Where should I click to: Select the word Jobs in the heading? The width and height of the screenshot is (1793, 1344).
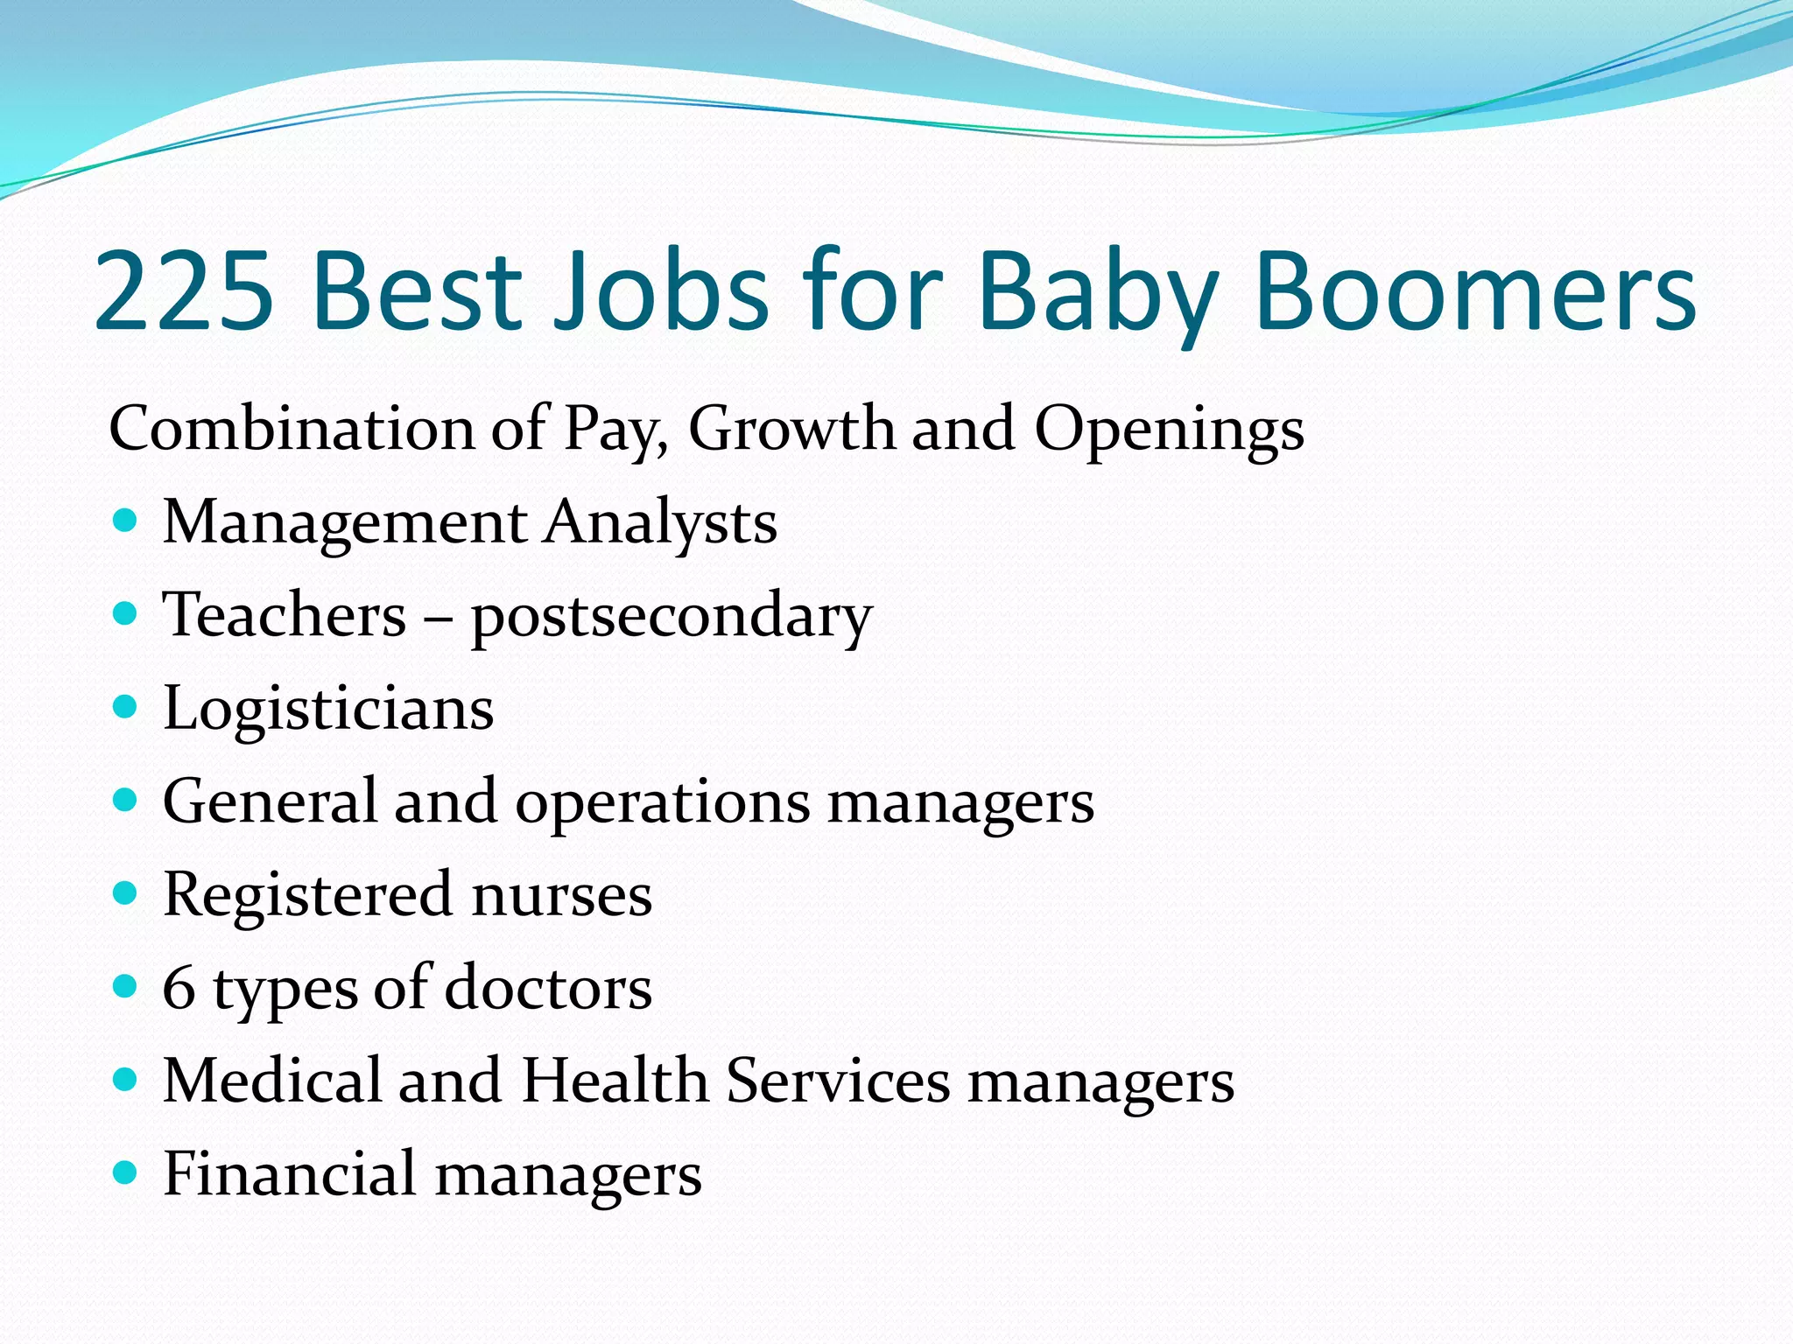662,291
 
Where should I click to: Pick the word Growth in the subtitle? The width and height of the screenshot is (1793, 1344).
791,429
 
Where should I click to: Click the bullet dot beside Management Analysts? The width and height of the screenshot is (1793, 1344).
126,522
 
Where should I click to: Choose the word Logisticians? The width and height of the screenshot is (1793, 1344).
328,710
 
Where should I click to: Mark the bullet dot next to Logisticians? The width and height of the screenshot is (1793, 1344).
126,707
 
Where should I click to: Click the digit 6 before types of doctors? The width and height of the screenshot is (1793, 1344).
179,988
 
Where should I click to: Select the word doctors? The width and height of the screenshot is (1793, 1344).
548,988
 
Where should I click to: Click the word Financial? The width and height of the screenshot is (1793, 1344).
290,1173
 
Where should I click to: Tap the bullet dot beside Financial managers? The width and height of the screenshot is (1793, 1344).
126,1172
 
